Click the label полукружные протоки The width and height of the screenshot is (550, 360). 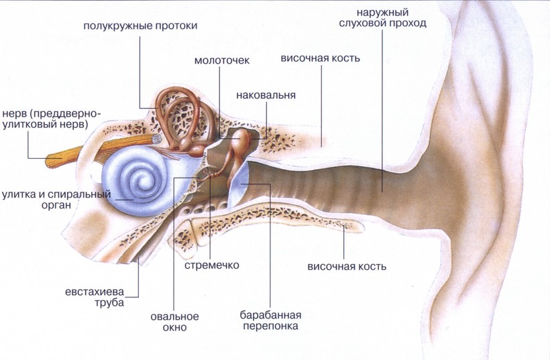pyautogui.click(x=140, y=26)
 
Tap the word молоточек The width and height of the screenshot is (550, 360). pyautogui.click(x=222, y=60)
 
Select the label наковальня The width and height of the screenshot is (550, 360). pyautogui.click(x=266, y=95)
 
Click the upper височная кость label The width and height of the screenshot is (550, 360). pyautogui.click(x=320, y=58)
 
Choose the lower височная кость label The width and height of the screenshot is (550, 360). pyautogui.click(x=347, y=266)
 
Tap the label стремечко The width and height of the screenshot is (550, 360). pyautogui.click(x=212, y=265)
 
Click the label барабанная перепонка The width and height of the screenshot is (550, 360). pyautogui.click(x=270, y=320)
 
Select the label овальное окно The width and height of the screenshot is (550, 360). pyautogui.click(x=174, y=322)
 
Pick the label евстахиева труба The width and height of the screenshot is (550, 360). pyautogui.click(x=95, y=297)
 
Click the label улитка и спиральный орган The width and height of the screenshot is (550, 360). pyautogui.click(x=56, y=200)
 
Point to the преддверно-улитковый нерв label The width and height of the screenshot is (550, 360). pyautogui.click(x=52, y=119)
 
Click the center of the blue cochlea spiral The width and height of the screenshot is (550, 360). pyautogui.click(x=140, y=179)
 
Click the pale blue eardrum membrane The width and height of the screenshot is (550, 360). pyautogui.click(x=239, y=186)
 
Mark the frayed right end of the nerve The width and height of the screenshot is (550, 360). pyautogui.click(x=156, y=139)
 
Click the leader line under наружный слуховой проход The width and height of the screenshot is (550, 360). pyautogui.click(x=382, y=111)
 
